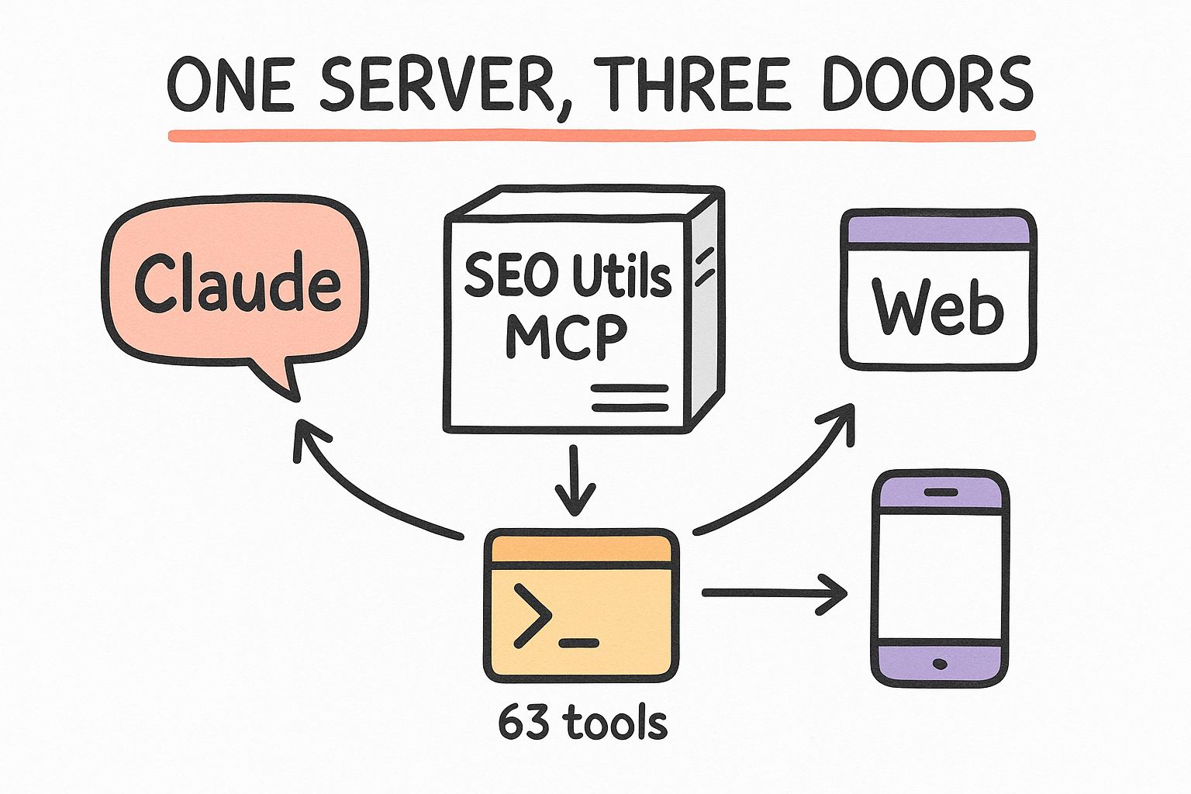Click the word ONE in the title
click(x=231, y=85)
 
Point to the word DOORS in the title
click(x=928, y=85)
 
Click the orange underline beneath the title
click(x=602, y=136)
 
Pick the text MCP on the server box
click(x=566, y=336)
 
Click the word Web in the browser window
click(x=938, y=307)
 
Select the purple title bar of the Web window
click(x=938, y=230)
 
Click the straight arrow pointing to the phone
click(x=775, y=593)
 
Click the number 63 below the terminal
click(x=523, y=723)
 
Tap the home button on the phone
click(x=940, y=665)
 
